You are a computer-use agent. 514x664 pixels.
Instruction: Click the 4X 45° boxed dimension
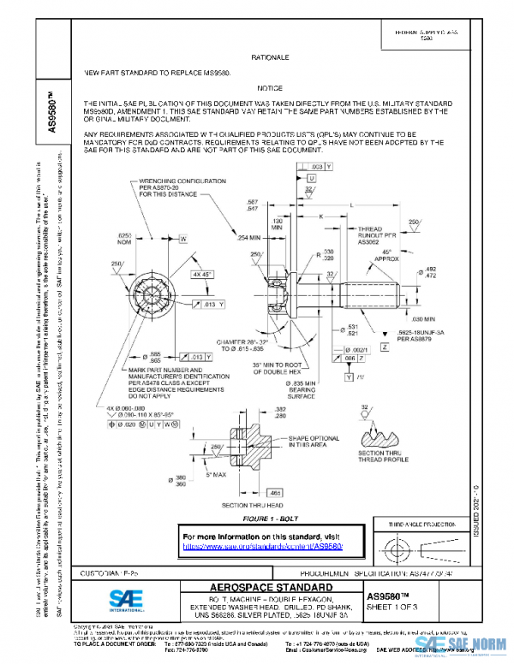[x=202, y=275]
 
